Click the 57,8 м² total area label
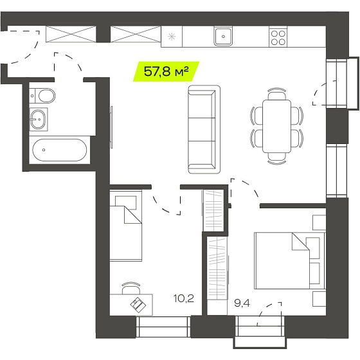[x=166, y=71]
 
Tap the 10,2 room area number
[x=184, y=298]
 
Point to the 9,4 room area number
[x=242, y=303]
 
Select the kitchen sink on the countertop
[x=223, y=36]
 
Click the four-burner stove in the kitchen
[x=278, y=37]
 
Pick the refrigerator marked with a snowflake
[x=172, y=37]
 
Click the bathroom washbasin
[x=39, y=120]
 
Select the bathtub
[x=59, y=150]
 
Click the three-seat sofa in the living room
[x=204, y=129]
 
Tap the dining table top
[x=276, y=126]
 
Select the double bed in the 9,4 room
[x=290, y=260]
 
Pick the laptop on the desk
[x=138, y=305]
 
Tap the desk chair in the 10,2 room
[x=131, y=288]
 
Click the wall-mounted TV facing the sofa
[x=111, y=127]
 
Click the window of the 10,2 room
[x=163, y=327]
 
